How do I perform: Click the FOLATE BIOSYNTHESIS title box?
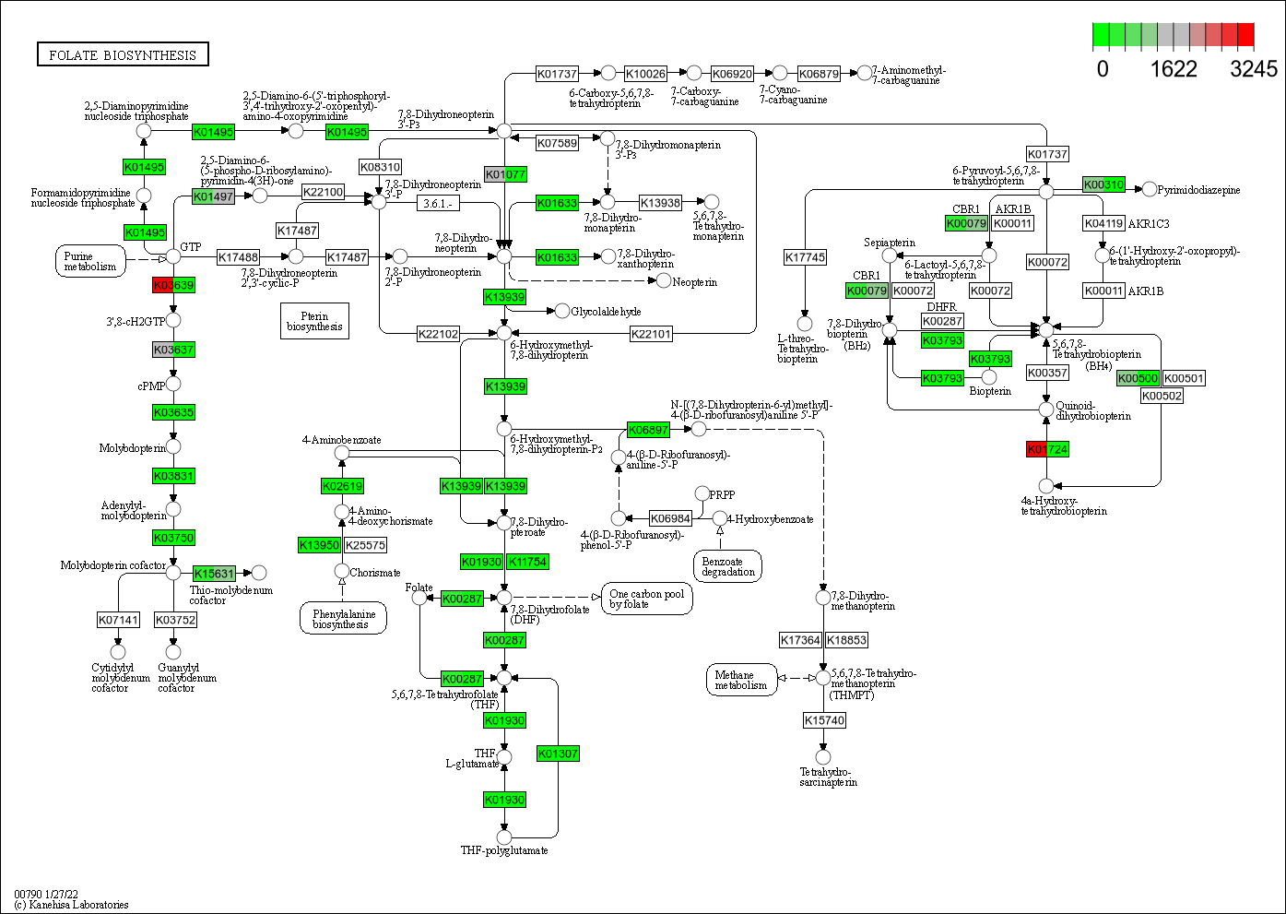click(x=123, y=55)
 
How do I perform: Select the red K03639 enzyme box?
click(x=173, y=285)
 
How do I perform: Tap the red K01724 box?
click(x=1046, y=449)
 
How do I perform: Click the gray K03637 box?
click(x=173, y=350)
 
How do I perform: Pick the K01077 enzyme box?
click(x=505, y=174)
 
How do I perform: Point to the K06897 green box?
click(x=648, y=430)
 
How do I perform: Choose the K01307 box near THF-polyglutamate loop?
click(x=558, y=754)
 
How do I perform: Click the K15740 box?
click(x=824, y=720)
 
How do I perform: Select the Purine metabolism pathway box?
click(x=90, y=261)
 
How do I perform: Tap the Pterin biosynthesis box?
click(x=314, y=321)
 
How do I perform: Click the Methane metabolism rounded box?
click(x=740, y=680)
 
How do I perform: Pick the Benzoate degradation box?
click(x=727, y=566)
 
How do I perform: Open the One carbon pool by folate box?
click(x=646, y=599)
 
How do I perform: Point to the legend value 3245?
click(x=1254, y=69)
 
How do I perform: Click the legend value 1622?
click(x=1174, y=69)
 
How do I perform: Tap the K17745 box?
click(x=805, y=257)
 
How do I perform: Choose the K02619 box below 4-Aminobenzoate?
click(x=342, y=486)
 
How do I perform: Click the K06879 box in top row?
click(x=819, y=74)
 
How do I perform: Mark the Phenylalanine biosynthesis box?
click(x=342, y=619)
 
